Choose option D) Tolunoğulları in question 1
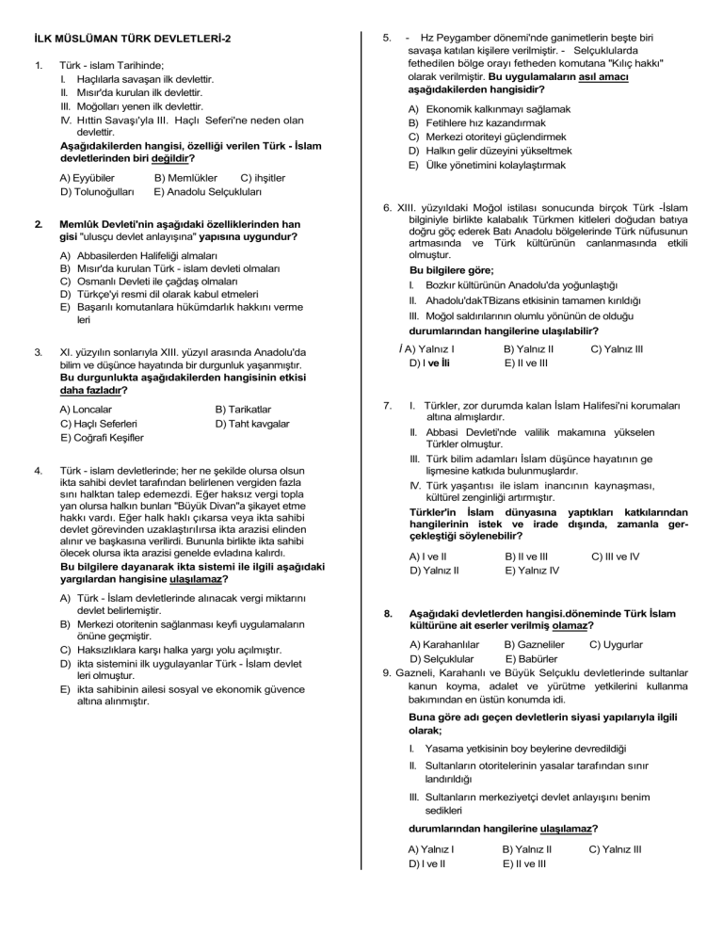[x=96, y=192]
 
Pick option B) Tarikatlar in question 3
[x=243, y=410]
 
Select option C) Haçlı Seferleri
[x=99, y=424]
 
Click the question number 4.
[x=37, y=469]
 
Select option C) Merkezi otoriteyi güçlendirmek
[x=492, y=137]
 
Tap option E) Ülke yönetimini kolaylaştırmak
[x=487, y=164]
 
